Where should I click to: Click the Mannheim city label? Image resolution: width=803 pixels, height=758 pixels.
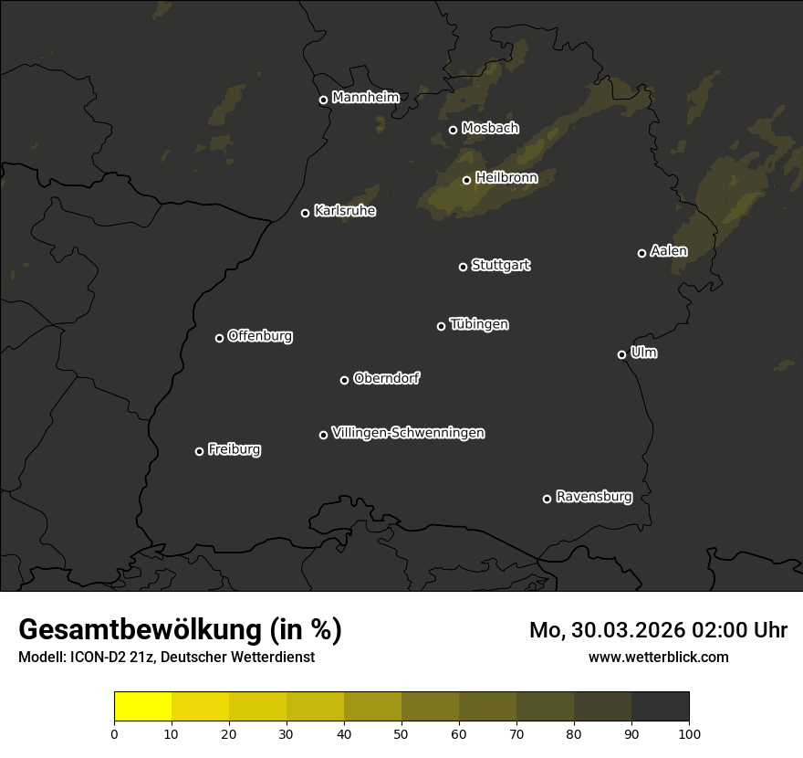pos(365,98)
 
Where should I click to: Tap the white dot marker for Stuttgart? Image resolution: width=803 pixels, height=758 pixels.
pos(463,267)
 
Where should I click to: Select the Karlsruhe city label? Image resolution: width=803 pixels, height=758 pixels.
pos(344,211)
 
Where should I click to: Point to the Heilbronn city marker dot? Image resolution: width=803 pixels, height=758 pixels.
pos(466,180)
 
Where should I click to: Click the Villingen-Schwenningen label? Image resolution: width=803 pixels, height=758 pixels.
pos(408,433)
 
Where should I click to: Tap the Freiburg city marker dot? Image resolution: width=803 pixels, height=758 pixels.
pos(199,451)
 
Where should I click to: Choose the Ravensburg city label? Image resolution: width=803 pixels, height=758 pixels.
pos(593,497)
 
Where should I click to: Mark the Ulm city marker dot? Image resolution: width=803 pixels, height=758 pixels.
pos(621,354)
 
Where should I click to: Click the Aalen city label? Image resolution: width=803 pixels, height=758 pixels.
pos(668,251)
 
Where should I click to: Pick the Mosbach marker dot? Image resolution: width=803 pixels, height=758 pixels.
pos(453,130)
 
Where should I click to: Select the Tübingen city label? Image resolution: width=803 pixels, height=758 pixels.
pos(478,324)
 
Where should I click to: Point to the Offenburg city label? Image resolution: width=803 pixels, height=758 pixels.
pos(259,336)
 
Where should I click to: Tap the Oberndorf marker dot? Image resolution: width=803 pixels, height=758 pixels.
pos(344,380)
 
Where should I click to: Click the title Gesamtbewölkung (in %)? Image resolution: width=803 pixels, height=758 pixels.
pos(180,629)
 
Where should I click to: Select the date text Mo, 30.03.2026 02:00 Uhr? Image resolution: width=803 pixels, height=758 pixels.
pos(658,630)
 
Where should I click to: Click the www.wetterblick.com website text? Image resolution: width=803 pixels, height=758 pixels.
pos(658,657)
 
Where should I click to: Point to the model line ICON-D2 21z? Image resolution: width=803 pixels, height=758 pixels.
pos(166,657)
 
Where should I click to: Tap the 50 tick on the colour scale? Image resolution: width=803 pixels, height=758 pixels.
pos(401,732)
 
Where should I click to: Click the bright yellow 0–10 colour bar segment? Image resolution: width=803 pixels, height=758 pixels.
pos(142,707)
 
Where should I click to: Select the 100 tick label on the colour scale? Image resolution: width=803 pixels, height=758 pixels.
pos(689,732)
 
